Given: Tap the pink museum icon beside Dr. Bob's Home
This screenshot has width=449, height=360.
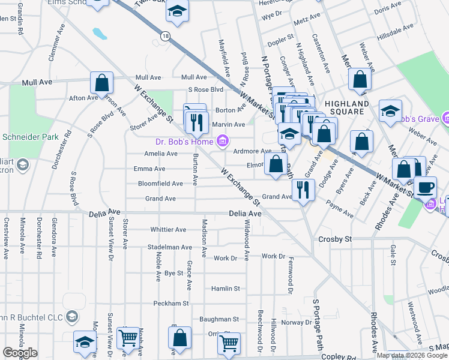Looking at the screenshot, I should [x=222, y=142].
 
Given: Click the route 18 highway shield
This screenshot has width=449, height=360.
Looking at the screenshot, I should [x=165, y=37].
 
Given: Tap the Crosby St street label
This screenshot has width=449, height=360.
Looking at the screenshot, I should [x=334, y=239].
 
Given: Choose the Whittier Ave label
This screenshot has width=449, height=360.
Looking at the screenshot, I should [x=169, y=229].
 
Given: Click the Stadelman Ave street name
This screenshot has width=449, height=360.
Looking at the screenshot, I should [x=170, y=247].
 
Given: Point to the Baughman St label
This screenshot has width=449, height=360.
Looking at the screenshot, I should [x=220, y=319].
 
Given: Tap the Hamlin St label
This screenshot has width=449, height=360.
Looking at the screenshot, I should [x=226, y=289].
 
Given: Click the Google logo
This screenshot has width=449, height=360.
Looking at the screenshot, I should [x=20, y=353].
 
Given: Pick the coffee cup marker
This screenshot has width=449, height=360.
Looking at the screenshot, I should [x=426, y=187].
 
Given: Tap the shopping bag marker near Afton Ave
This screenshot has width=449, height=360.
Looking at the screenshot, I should [x=102, y=83].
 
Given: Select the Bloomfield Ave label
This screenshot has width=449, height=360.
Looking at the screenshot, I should [x=160, y=184].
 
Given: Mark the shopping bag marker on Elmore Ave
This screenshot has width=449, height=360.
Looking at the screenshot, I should [x=276, y=164].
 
